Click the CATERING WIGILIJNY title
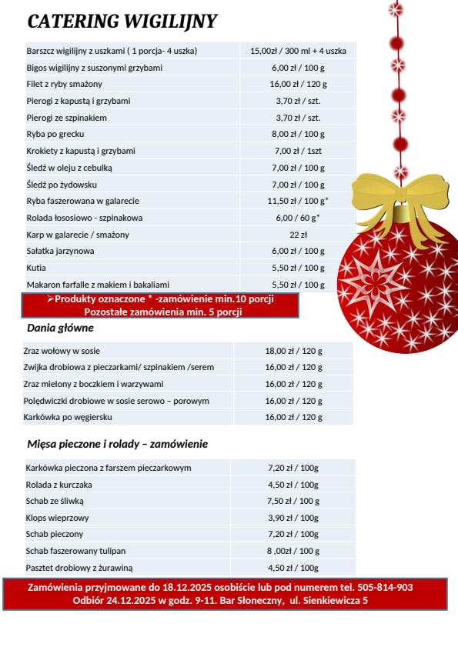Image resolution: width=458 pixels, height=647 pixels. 122,22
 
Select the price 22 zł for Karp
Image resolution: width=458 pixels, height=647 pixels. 298,235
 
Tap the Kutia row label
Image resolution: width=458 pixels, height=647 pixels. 36,268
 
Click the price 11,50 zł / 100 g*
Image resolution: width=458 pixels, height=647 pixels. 298,202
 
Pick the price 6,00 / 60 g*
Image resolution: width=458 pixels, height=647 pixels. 298,218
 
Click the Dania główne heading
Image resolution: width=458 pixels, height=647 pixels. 60,328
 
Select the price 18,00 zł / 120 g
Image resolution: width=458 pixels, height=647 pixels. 293,351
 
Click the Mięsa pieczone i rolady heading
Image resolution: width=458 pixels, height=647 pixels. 116,444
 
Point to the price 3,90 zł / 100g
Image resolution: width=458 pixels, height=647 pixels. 293,518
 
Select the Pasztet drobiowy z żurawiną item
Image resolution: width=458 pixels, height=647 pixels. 79,568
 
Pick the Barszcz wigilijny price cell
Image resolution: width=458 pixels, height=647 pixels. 298,51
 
